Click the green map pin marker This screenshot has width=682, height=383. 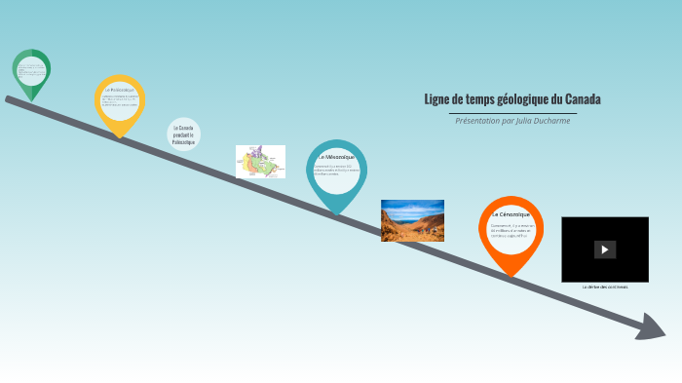tap(31, 71)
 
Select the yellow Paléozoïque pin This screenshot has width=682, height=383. tap(120, 103)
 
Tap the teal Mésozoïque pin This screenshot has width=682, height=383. tap(336, 172)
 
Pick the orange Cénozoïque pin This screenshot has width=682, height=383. tap(511, 232)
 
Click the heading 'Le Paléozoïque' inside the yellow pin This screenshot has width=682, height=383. tap(120, 90)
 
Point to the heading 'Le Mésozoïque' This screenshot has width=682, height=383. tap(336, 157)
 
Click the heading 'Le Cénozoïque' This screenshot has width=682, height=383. tap(511, 213)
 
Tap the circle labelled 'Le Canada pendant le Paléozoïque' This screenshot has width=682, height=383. tap(183, 134)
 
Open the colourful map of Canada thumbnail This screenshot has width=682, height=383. tap(260, 162)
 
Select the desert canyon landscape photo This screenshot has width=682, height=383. tap(412, 220)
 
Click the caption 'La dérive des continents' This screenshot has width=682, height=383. tap(605, 287)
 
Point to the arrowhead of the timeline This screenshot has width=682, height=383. tap(651, 328)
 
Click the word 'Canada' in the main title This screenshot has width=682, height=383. tap(583, 99)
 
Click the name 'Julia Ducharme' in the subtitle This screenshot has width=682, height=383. tap(545, 121)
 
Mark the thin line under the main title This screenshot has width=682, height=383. tap(512, 113)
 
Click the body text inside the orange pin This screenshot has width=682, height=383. tap(510, 230)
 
